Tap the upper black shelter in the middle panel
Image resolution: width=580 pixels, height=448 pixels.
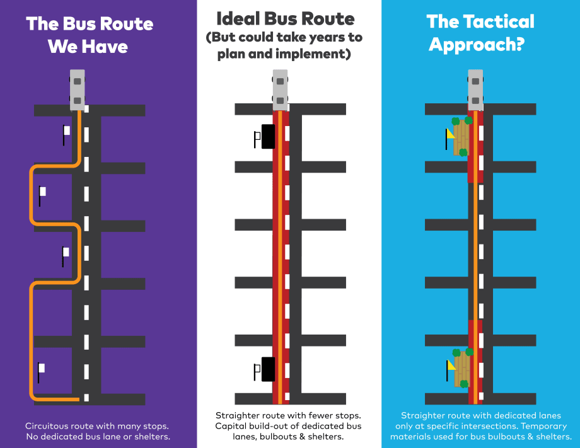pos(268,137)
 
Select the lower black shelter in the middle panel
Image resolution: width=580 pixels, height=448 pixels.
pos(268,369)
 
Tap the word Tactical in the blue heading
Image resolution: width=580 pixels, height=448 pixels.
pos(494,21)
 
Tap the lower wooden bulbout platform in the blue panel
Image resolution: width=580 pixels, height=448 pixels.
pos(462,368)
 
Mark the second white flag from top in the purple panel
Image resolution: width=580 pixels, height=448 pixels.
pos(42,192)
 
